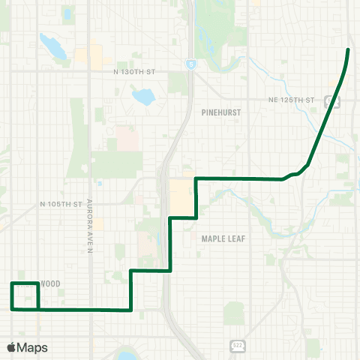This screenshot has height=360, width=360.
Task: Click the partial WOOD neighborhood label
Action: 49,283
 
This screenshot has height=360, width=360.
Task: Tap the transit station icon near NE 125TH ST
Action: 328,100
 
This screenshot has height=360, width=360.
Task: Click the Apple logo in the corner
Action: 11,347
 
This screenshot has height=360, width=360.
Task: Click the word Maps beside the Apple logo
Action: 32,347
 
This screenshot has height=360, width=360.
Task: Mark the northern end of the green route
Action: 349,49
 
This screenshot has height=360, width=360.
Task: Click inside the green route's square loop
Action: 25,295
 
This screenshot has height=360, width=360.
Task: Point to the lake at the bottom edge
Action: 123,354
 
